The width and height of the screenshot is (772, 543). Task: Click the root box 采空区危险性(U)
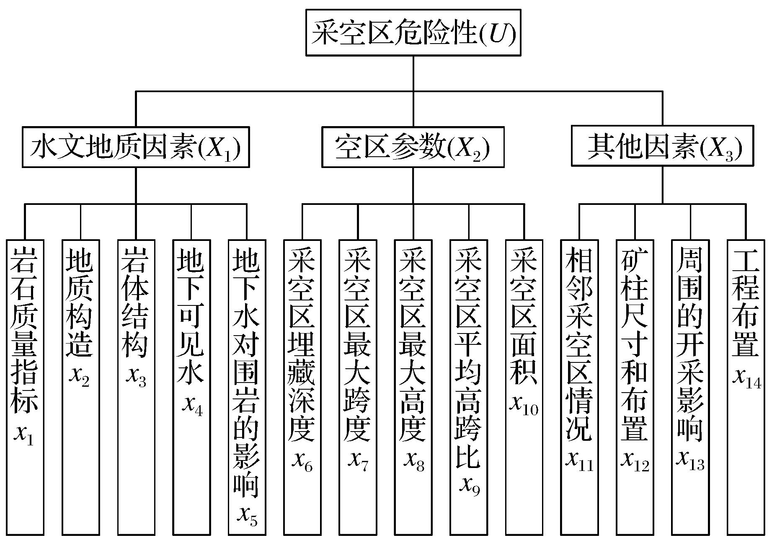(413, 33)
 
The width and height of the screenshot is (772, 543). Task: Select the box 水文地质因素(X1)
(136, 147)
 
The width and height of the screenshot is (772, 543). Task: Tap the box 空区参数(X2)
(413, 147)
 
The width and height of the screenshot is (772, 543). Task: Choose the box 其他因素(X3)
(663, 147)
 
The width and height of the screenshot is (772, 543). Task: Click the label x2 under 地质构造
(80, 377)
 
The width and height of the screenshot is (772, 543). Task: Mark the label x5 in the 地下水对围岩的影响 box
(247, 516)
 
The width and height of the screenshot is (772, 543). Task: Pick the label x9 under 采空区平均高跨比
(470, 486)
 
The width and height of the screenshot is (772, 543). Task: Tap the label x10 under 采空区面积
(524, 405)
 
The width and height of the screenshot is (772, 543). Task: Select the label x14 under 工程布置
(746, 379)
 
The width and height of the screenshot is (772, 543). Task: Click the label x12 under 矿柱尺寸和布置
(635, 461)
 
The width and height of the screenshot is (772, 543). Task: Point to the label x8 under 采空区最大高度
(414, 461)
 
